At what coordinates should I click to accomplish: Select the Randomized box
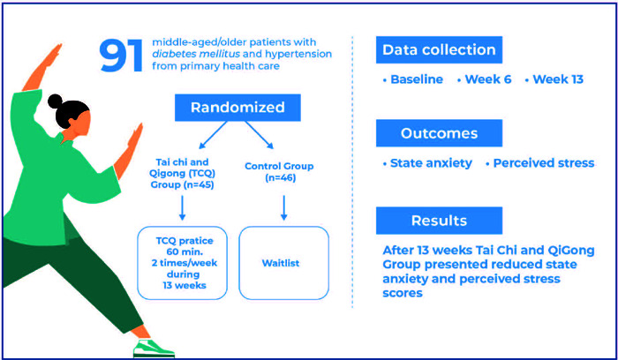pos(239,108)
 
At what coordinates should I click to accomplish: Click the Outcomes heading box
pos(439,133)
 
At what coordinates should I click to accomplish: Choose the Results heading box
pos(439,220)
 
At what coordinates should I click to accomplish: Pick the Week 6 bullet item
pos(485,80)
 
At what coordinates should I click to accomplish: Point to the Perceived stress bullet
pos(534,163)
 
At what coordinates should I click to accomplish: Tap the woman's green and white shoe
pos(151,348)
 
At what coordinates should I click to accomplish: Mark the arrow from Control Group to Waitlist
pos(283,208)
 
